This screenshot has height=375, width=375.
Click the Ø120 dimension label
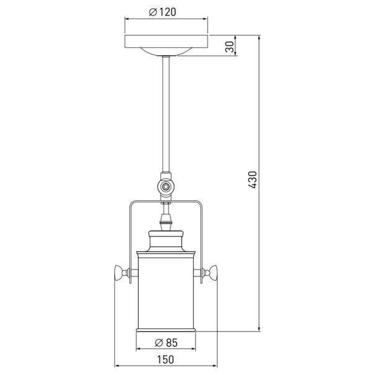(162, 12)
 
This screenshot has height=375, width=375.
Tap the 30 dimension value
(229, 46)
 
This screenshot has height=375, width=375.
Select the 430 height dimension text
(252, 180)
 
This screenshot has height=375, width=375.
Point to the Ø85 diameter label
(166, 343)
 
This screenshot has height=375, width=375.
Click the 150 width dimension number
(165, 360)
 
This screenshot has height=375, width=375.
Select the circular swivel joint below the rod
(165, 186)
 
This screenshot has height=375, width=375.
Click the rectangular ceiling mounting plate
(166, 41)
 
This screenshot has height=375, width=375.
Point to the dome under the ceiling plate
(166, 51)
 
